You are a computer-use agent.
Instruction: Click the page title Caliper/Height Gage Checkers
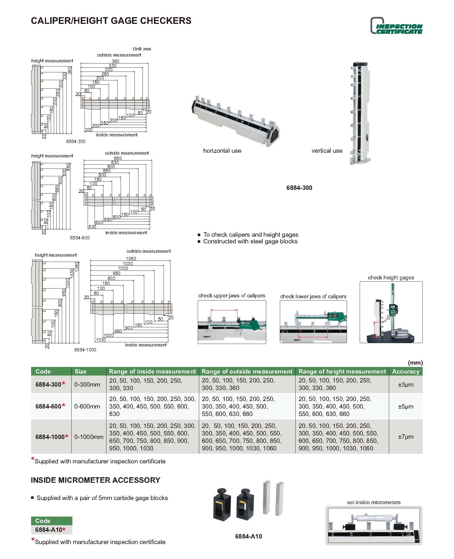pyautogui.click(x=111, y=21)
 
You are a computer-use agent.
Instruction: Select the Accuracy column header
pyautogui.click(x=405, y=371)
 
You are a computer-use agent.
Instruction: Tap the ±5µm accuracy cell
pyautogui.click(x=405, y=406)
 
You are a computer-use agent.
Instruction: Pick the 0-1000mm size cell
pyautogui.click(x=89, y=437)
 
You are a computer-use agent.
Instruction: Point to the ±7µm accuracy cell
pyautogui.click(x=405, y=437)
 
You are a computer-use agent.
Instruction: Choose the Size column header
pyautogui.click(x=80, y=371)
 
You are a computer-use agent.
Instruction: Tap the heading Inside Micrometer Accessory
pyautogui.click(x=95, y=480)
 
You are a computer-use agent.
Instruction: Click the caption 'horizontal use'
pyautogui.click(x=222, y=151)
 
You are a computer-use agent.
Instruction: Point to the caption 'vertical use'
pyautogui.click(x=327, y=151)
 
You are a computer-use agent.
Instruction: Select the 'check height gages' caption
pyautogui.click(x=391, y=277)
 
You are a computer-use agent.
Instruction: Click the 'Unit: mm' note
pyautogui.click(x=142, y=49)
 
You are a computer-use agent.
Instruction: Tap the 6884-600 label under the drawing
pyautogui.click(x=80, y=238)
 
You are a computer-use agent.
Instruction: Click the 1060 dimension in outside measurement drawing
pyautogui.click(x=131, y=259)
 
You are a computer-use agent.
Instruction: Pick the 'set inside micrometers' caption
pyautogui.click(x=374, y=502)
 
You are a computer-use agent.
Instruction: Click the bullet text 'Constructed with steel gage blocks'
pyautogui.click(x=250, y=241)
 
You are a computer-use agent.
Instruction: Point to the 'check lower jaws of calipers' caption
pyautogui.click(x=313, y=296)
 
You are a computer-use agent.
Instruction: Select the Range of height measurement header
pyautogui.click(x=342, y=371)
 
